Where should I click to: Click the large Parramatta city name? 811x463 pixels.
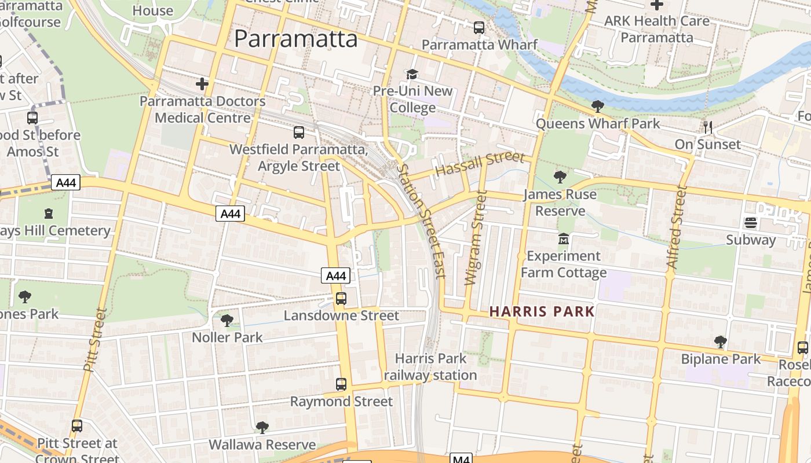click(296, 39)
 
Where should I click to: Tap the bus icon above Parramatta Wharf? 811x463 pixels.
click(479, 27)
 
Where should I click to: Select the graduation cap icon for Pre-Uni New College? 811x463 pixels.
click(412, 74)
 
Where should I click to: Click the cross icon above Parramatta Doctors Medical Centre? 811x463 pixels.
click(202, 84)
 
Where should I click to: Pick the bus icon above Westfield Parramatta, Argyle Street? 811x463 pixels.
click(299, 133)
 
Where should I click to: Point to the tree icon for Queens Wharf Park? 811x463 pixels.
click(597, 106)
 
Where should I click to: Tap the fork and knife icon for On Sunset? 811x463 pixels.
click(707, 127)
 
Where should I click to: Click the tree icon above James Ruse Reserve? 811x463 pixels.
click(560, 177)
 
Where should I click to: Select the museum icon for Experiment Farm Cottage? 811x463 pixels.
click(563, 238)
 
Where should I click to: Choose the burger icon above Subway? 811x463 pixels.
click(751, 223)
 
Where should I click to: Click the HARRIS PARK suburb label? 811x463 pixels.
click(542, 311)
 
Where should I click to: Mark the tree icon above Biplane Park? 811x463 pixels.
click(720, 342)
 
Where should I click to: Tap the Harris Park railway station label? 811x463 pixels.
click(430, 367)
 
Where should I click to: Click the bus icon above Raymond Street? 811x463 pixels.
click(341, 384)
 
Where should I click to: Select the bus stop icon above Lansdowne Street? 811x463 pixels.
click(341, 299)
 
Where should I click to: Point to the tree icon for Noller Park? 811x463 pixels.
click(227, 320)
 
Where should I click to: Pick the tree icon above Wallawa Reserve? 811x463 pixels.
click(262, 428)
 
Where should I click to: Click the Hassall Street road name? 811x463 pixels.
click(480, 164)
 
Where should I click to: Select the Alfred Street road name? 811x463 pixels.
click(676, 227)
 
